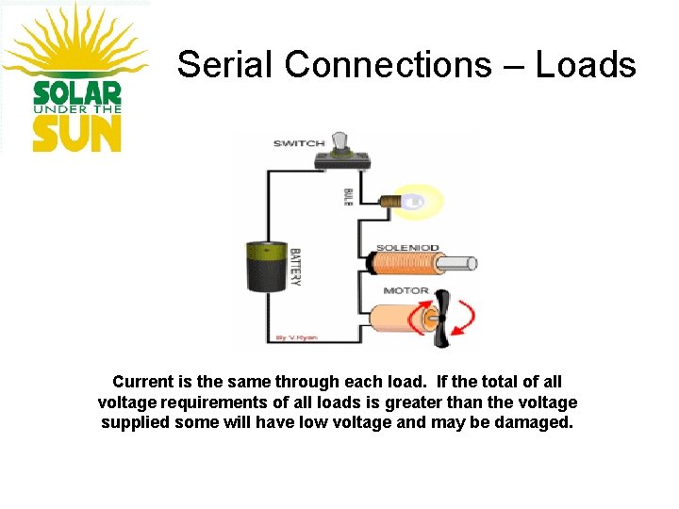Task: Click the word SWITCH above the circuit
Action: pyautogui.click(x=298, y=143)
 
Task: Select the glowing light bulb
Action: pyautogui.click(x=415, y=200)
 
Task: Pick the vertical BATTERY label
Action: pyautogui.click(x=295, y=268)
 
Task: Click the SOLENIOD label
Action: pyautogui.click(x=407, y=248)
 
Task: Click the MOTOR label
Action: pyautogui.click(x=406, y=291)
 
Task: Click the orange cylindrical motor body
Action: pyautogui.click(x=402, y=320)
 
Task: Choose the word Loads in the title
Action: pyautogui.click(x=586, y=64)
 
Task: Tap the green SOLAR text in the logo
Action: pyautogui.click(x=77, y=93)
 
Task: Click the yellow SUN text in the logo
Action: pyautogui.click(x=77, y=133)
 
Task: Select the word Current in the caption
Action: pyautogui.click(x=143, y=382)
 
